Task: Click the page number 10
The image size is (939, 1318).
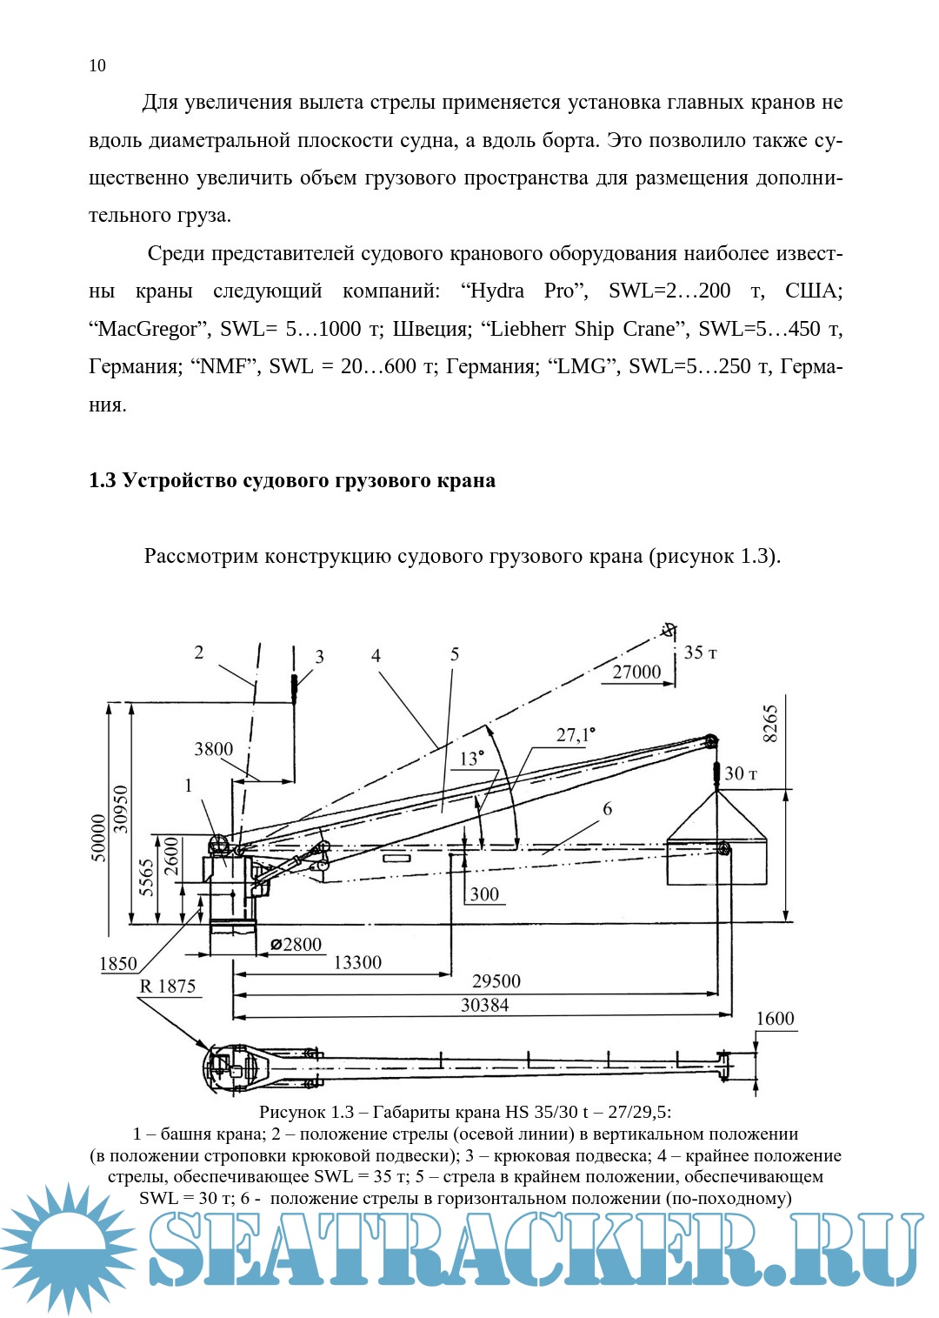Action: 97,66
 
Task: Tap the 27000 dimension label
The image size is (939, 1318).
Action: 636,672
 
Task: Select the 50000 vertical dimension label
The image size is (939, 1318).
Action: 99,837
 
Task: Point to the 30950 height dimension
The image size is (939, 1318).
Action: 121,809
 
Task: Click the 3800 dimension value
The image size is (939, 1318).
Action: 213,749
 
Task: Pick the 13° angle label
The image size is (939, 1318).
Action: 471,759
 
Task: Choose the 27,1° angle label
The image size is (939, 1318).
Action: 576,735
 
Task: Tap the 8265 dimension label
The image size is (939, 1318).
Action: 770,723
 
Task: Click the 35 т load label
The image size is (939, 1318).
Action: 700,652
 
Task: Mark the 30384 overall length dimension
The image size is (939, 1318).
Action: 484,1005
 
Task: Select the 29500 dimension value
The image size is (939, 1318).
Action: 496,981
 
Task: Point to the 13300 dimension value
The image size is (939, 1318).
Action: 357,962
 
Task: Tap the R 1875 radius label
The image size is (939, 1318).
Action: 168,986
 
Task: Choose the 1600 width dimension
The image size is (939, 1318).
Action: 775,1019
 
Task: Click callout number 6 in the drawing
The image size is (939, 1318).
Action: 607,809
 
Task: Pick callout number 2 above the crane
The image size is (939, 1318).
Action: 199,652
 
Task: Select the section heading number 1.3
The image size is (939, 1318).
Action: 102,480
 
